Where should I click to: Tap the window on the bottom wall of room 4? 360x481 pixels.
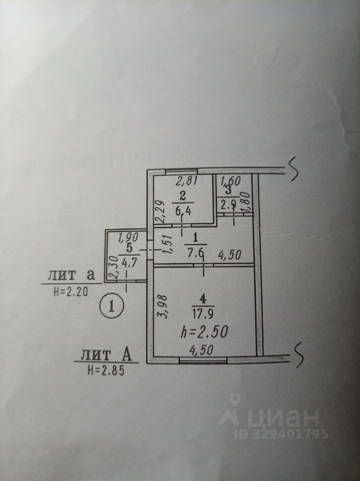coord(202,359)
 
